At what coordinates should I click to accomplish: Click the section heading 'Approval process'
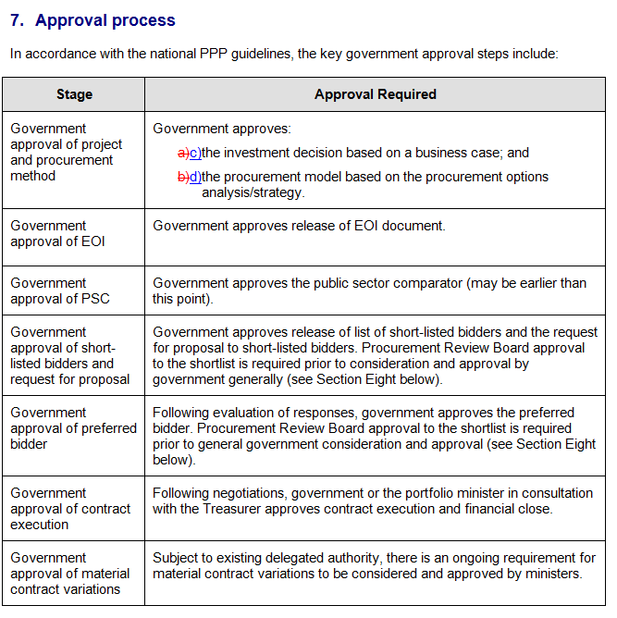[105, 19]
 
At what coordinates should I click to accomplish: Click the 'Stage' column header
[74, 94]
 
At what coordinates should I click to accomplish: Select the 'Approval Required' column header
[375, 94]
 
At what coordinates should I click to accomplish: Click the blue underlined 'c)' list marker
[194, 153]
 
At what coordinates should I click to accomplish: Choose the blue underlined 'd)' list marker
[194, 177]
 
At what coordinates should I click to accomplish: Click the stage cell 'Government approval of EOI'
[57, 233]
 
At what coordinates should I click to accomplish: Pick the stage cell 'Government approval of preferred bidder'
[73, 427]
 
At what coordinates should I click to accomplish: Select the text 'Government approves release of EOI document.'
[299, 226]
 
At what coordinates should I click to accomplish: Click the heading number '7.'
[18, 19]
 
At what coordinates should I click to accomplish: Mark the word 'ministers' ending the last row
[552, 574]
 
